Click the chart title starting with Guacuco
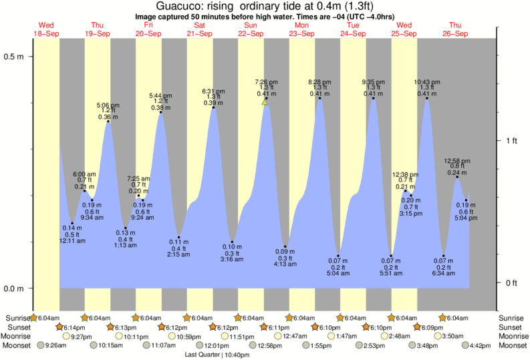click(265, 6)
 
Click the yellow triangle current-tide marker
click(265, 102)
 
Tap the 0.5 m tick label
click(15, 56)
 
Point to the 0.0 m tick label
click(15, 289)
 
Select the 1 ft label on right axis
click(511, 140)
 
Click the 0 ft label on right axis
click(511, 283)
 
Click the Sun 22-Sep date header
click(251, 29)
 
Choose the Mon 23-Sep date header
click(302, 29)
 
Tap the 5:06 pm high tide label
click(108, 106)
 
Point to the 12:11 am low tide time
click(73, 240)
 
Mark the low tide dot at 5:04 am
click(339, 256)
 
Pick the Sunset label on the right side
click(511, 328)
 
